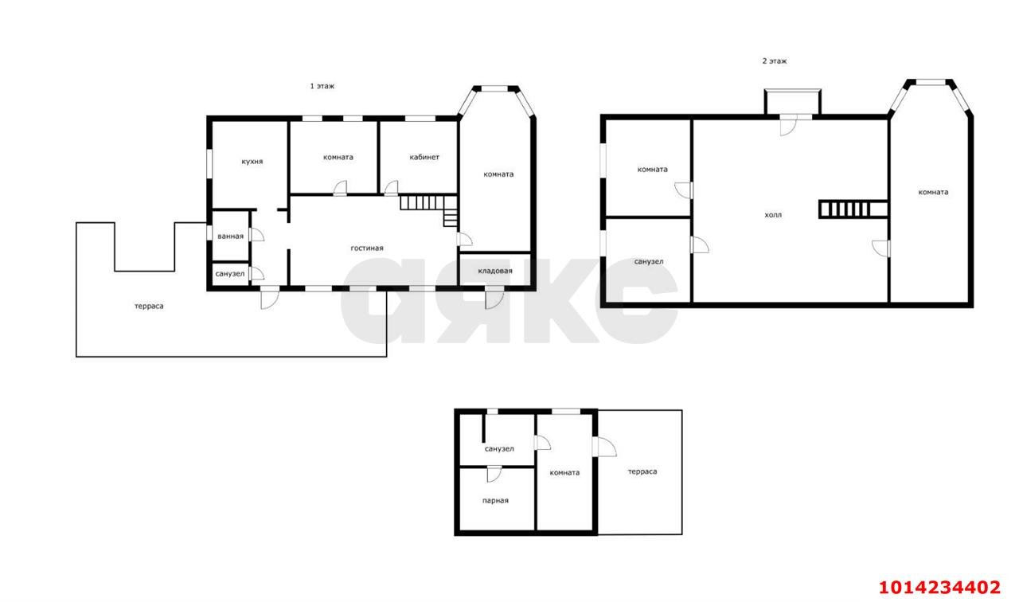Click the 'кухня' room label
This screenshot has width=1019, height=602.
(252, 162)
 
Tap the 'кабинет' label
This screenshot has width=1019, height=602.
(424, 157)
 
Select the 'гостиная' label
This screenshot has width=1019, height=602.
(367, 248)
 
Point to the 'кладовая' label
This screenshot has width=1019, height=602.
(495, 271)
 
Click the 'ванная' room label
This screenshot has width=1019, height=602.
(230, 236)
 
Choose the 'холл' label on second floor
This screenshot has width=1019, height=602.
(773, 215)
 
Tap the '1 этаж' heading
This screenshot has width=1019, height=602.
(322, 86)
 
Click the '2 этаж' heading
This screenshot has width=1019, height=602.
(775, 61)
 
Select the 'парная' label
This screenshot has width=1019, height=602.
(495, 501)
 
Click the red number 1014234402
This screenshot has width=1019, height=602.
(939, 587)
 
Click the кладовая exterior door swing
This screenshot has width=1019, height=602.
(494, 298)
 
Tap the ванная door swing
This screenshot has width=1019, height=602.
(256, 234)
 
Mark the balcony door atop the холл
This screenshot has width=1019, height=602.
(788, 125)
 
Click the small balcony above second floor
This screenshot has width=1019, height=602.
(792, 102)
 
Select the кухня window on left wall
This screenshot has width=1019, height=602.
(209, 164)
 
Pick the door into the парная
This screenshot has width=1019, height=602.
(494, 474)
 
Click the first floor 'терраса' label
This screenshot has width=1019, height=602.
(149, 307)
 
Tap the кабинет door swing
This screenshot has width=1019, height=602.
(391, 188)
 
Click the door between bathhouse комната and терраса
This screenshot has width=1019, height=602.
(604, 447)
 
